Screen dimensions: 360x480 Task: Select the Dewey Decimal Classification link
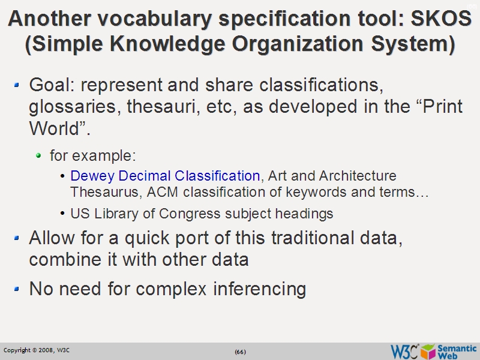[x=165, y=176]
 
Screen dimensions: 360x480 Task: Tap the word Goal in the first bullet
[x=49, y=83]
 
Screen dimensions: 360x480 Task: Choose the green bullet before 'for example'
[x=39, y=155]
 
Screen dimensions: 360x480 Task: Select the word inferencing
[x=259, y=289]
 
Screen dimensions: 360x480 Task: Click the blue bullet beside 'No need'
[x=17, y=288]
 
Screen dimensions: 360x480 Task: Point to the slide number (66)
[x=240, y=351]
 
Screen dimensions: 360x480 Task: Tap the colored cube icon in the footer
[x=428, y=351]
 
